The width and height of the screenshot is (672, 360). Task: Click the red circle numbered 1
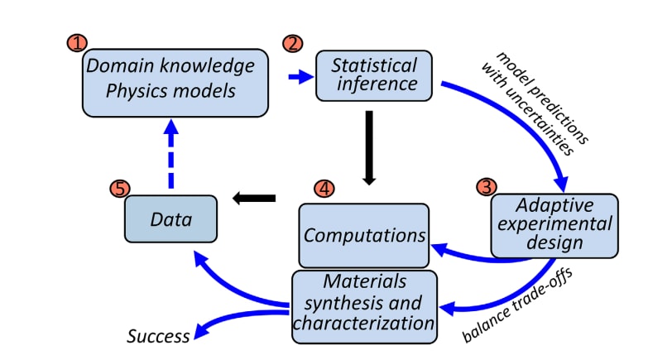(x=77, y=43)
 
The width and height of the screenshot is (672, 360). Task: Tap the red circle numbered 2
(x=293, y=43)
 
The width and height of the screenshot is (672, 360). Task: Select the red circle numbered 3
(x=487, y=187)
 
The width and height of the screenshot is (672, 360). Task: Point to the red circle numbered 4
(x=324, y=188)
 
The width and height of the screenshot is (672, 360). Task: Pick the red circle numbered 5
(x=120, y=189)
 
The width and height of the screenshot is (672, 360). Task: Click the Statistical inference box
(x=374, y=75)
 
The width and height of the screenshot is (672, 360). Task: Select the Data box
(x=171, y=219)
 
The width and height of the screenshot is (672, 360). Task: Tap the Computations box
(x=364, y=236)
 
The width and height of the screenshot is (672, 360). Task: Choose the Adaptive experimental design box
(x=554, y=226)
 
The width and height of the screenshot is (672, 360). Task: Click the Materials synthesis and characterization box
(x=364, y=306)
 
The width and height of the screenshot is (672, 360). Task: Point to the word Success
(x=158, y=336)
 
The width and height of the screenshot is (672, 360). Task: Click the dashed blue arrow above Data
(x=171, y=153)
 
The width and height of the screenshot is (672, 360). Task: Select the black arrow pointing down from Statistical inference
(x=368, y=148)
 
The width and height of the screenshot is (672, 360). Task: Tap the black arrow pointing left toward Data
(x=254, y=198)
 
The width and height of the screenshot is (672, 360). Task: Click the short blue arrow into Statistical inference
(x=301, y=77)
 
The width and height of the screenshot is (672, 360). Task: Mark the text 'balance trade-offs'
(x=518, y=306)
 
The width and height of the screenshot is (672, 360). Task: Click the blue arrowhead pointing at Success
(x=201, y=330)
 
